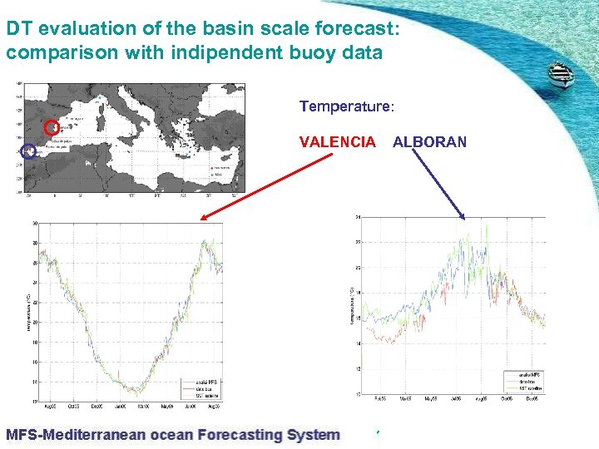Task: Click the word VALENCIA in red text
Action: click(x=337, y=142)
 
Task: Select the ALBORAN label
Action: click(x=429, y=142)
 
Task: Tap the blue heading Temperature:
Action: click(x=347, y=107)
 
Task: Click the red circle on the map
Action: click(x=52, y=127)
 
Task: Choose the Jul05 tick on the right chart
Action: click(x=455, y=398)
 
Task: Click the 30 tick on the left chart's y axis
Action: click(x=35, y=223)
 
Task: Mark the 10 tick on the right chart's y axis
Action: click(x=357, y=393)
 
